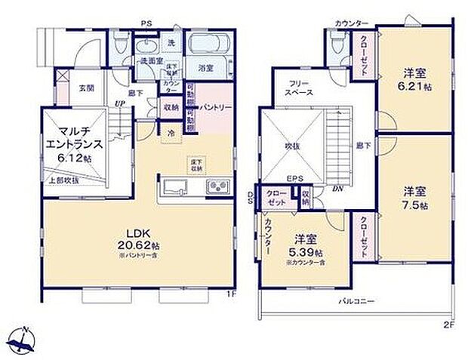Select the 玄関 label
(x=87, y=87)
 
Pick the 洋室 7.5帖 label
(x=414, y=198)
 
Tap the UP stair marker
(x=118, y=103)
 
